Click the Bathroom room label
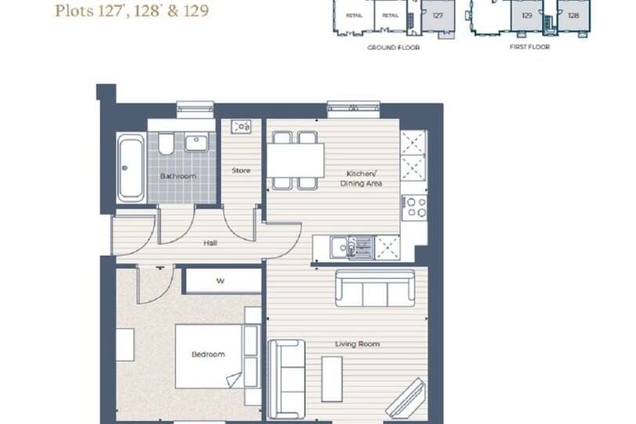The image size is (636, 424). point(178,176)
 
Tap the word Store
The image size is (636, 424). point(241,170)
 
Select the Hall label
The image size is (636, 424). point(210,243)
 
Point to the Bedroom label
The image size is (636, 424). point(208,354)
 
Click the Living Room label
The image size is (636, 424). point(357,344)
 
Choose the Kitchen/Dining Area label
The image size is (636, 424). point(361,179)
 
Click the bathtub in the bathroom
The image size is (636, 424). point(131,168)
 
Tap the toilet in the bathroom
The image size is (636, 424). point(166,143)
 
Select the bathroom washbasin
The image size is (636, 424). point(197,143)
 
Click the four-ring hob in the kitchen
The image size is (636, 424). point(414,208)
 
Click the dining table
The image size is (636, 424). point(295,160)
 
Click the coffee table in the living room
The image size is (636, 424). point(332,379)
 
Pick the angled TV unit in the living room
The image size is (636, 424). point(407,397)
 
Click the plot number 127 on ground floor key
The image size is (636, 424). point(438,16)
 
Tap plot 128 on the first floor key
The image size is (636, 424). point(573,16)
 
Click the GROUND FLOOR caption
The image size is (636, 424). point(393,48)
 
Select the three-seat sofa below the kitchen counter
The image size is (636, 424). point(375,288)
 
